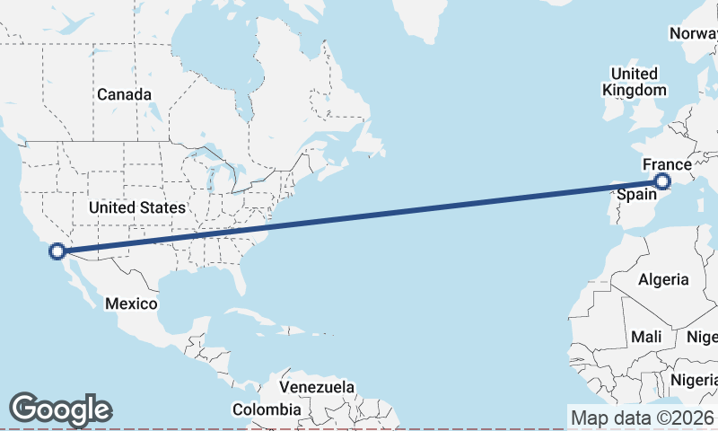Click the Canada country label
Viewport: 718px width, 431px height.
click(124, 94)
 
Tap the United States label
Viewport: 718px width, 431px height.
click(137, 207)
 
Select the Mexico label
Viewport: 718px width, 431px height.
click(131, 303)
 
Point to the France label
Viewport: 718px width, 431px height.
click(667, 165)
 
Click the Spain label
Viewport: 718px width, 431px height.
click(636, 193)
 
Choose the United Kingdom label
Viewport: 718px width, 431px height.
click(635, 82)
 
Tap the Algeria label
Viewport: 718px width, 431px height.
click(663, 279)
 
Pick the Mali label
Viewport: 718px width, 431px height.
click(646, 337)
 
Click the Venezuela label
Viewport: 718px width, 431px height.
click(317, 387)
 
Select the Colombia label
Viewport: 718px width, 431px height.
click(267, 409)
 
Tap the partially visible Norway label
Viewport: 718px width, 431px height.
click(693, 34)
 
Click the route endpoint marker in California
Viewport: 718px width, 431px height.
click(57, 251)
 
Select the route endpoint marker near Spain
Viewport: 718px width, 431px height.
click(662, 181)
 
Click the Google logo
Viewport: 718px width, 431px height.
click(60, 409)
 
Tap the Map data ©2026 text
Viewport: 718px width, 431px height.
click(642, 418)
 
